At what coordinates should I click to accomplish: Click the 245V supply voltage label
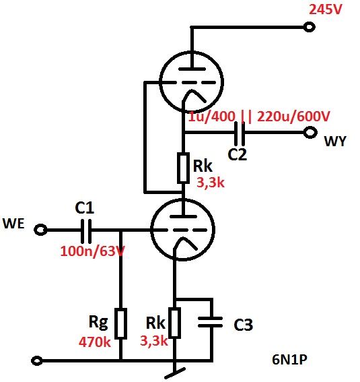pyautogui.click(x=326, y=9)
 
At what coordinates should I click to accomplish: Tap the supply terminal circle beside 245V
pyautogui.click(x=310, y=27)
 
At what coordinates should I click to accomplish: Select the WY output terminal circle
pyautogui.click(x=310, y=133)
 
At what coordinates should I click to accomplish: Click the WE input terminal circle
pyautogui.click(x=40, y=230)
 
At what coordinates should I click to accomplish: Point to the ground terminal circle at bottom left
pyautogui.click(x=37, y=360)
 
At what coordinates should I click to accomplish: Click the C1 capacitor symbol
pyautogui.click(x=86, y=230)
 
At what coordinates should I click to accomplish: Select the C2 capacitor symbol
pyautogui.click(x=240, y=133)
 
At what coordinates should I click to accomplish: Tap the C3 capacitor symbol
pyautogui.click(x=210, y=322)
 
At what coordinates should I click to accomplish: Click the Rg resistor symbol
pyautogui.click(x=121, y=323)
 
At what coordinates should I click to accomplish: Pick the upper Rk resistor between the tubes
pyautogui.click(x=183, y=168)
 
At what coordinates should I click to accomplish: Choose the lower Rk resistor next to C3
pyautogui.click(x=174, y=323)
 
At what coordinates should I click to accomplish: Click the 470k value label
pyautogui.click(x=95, y=342)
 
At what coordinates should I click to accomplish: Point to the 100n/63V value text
pyautogui.click(x=93, y=251)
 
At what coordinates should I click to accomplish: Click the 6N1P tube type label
pyautogui.click(x=289, y=359)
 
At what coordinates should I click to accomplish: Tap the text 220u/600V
pyautogui.click(x=293, y=116)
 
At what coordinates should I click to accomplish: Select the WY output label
pyautogui.click(x=335, y=141)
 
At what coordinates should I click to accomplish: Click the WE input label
pyautogui.click(x=13, y=224)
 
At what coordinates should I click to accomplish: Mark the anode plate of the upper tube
pyautogui.click(x=192, y=69)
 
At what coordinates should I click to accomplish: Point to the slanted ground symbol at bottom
pyautogui.click(x=175, y=373)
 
